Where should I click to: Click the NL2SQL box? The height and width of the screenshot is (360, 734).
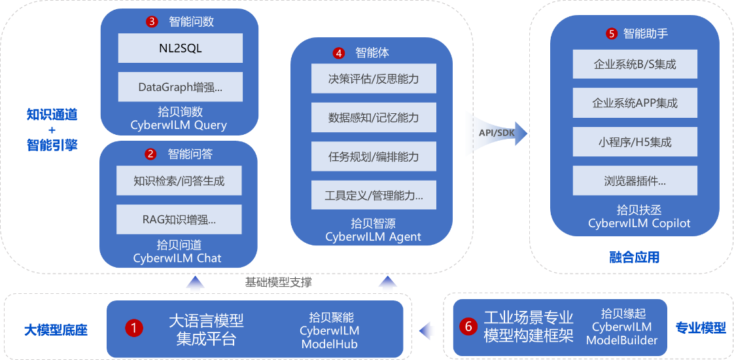pos(181,48)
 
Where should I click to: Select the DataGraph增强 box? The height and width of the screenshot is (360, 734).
pos(181,86)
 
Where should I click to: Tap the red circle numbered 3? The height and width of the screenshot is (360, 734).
pos(152,22)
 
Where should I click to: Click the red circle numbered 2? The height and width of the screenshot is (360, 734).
pos(150,154)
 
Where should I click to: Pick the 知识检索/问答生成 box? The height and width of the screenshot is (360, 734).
pos(179,181)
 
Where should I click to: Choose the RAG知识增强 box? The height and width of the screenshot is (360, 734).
pos(179,219)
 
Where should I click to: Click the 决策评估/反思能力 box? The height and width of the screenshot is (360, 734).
pos(374,79)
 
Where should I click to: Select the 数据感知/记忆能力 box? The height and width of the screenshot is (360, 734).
pos(374,118)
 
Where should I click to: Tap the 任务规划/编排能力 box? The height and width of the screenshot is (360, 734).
pos(374,156)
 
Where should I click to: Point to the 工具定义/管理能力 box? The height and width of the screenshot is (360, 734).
pos(374,195)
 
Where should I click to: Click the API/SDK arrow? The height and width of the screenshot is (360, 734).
pos(495,134)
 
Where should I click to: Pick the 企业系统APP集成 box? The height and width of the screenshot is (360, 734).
pos(635,103)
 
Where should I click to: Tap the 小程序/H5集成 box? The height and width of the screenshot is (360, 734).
pos(635,141)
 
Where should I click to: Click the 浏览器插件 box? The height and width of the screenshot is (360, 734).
pos(635,180)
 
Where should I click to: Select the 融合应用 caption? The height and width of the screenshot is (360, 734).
pos(633,257)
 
